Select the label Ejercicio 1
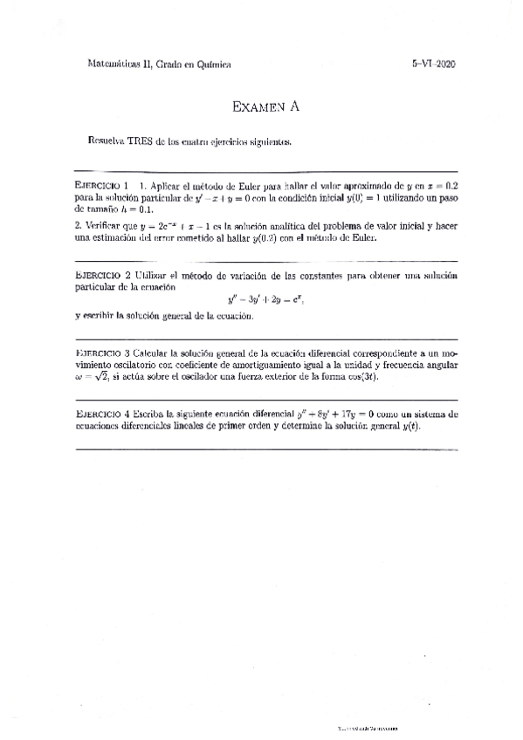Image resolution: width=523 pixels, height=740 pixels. (103, 186)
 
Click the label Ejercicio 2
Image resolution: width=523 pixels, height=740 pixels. (103, 274)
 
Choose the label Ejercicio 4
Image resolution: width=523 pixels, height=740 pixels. (103, 415)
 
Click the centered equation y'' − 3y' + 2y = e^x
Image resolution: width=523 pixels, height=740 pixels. (264, 299)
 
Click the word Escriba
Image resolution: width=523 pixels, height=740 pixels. (158, 415)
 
